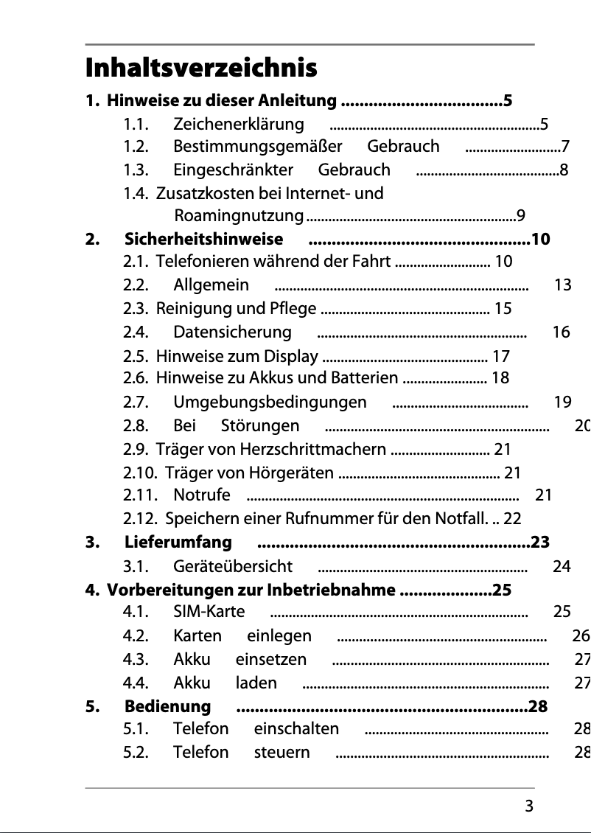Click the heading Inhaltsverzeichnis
(201, 69)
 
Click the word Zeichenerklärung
(239, 124)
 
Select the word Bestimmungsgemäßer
(258, 146)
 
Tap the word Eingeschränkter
(234, 170)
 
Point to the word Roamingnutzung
(239, 216)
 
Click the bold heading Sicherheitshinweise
(203, 239)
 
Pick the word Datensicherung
(233, 332)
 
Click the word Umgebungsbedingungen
(270, 402)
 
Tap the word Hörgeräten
(293, 473)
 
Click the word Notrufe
(202, 495)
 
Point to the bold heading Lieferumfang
(178, 543)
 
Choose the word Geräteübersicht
(233, 566)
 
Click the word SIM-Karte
(209, 611)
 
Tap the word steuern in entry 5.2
(282, 753)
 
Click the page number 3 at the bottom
(529, 806)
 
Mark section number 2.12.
(138, 519)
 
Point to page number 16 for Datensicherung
(561, 332)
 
